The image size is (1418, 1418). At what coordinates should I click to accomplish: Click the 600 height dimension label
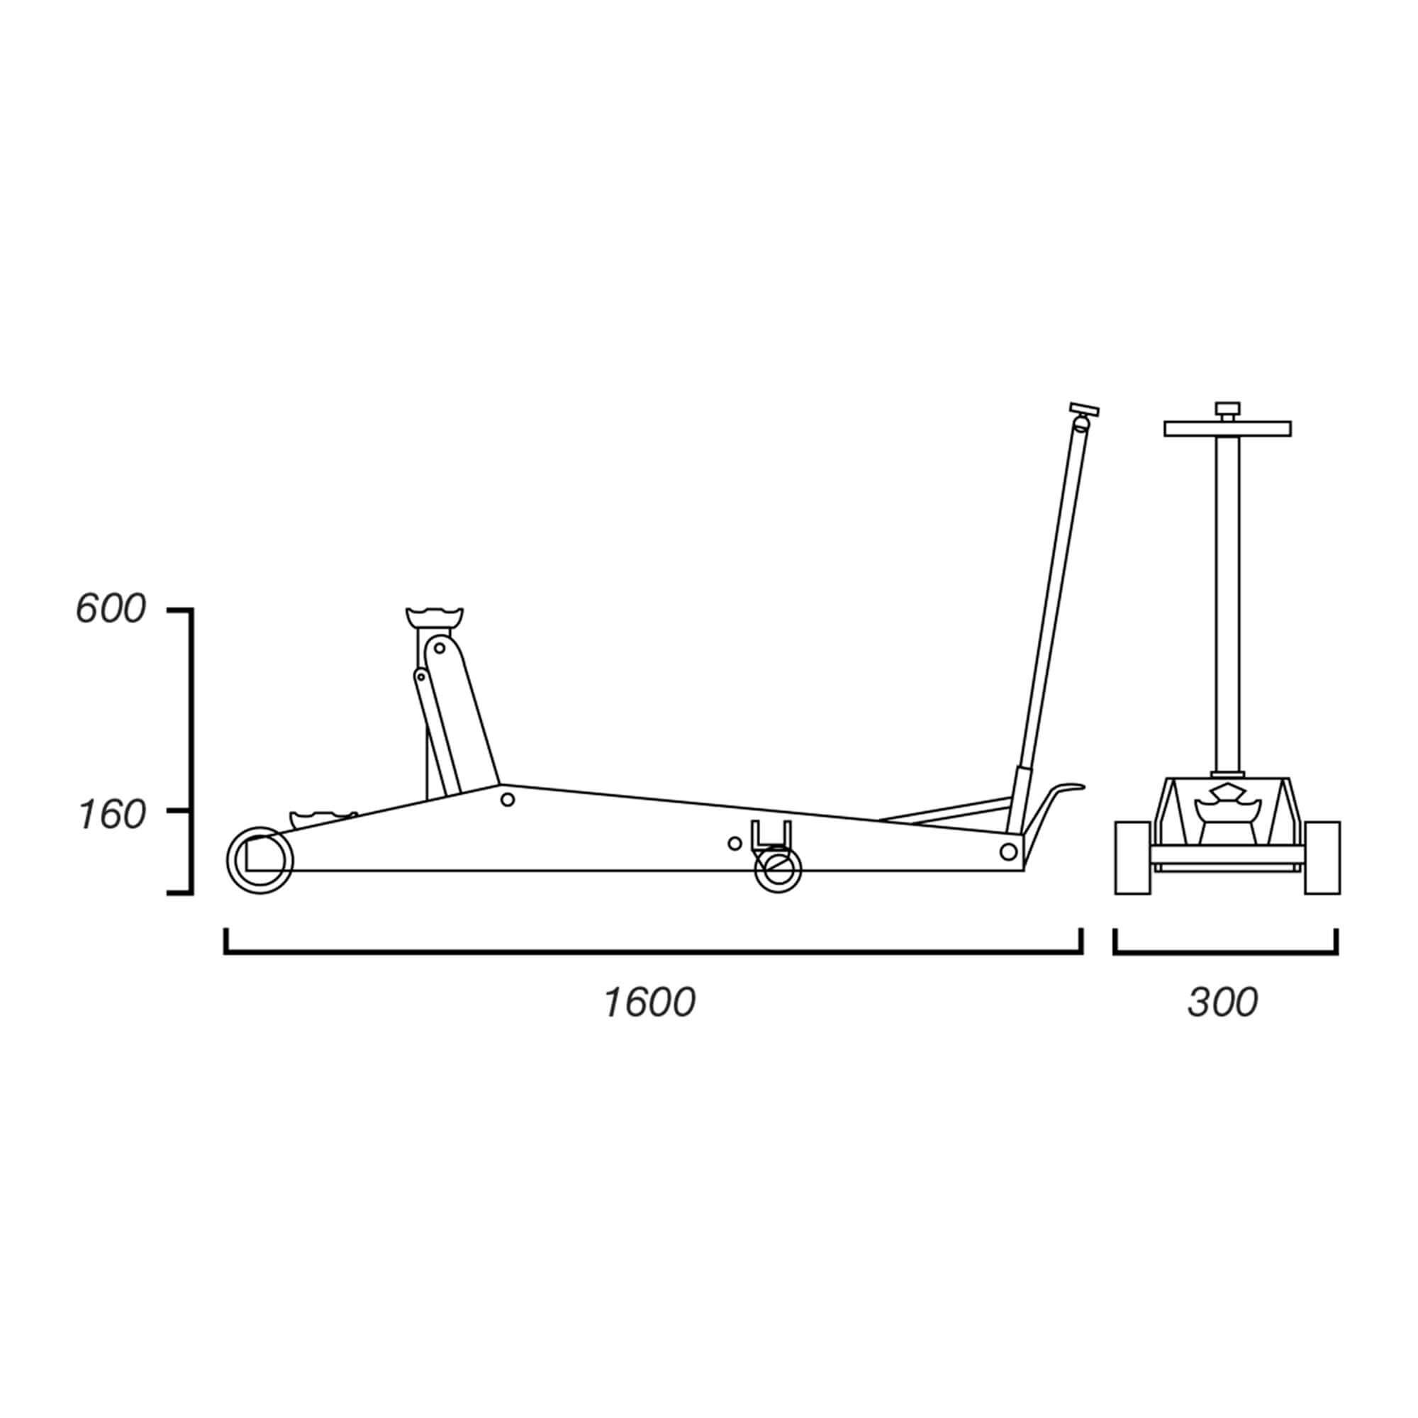pos(111,609)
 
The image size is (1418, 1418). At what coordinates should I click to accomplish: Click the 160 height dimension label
pos(111,816)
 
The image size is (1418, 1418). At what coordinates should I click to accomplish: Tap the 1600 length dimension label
pos(649,1003)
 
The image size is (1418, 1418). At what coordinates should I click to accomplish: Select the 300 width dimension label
pos(1223,1003)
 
